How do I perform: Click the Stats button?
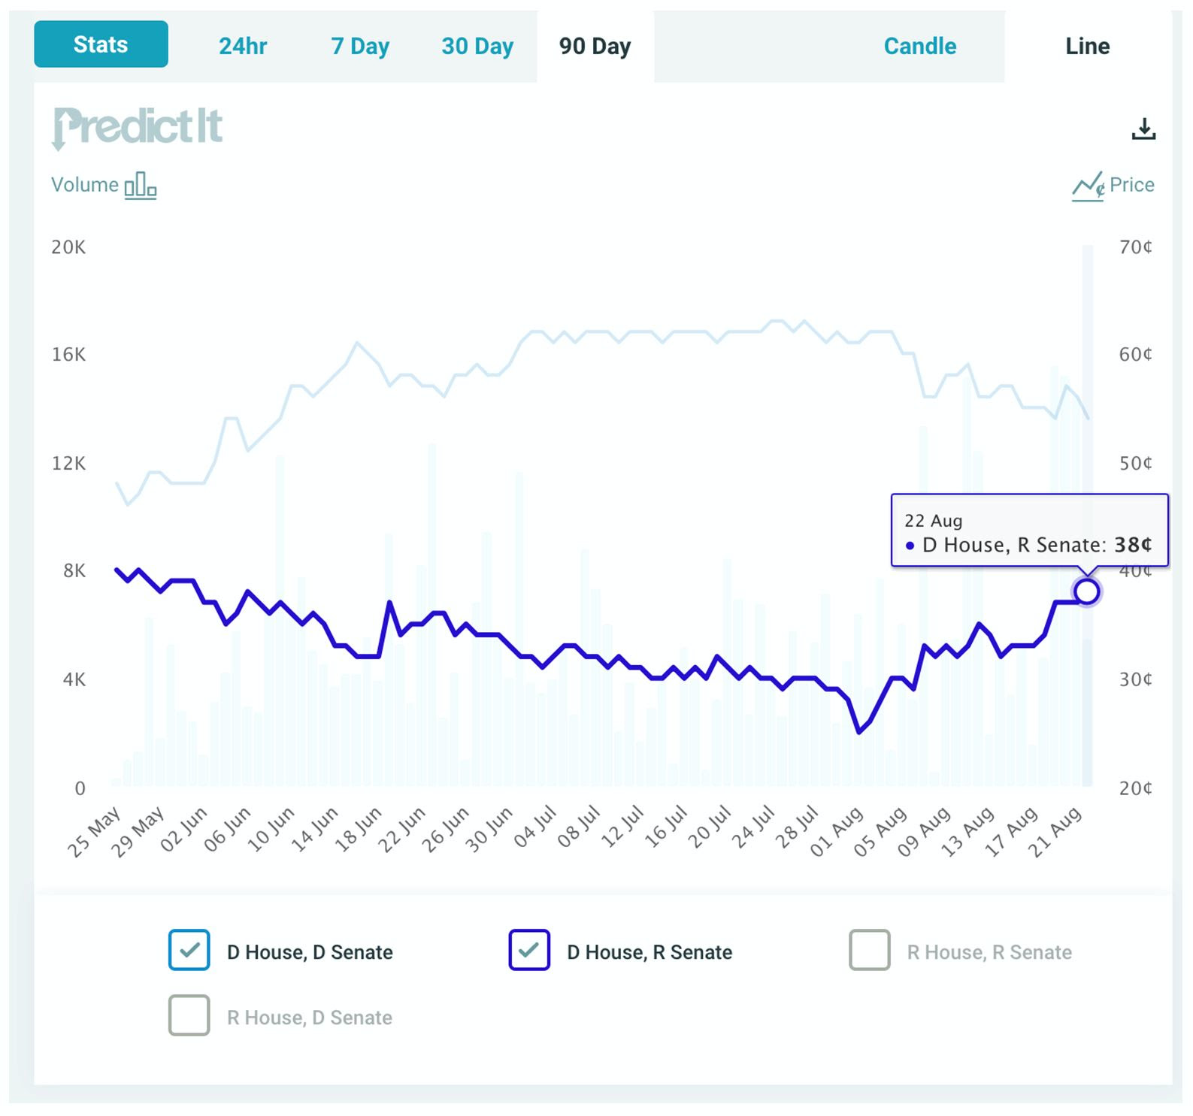[x=101, y=44]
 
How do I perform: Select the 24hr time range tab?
[x=243, y=47]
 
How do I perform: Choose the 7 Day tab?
[x=360, y=47]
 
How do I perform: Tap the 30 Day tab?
[x=477, y=47]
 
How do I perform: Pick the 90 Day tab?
[x=595, y=47]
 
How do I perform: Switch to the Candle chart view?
[x=919, y=47]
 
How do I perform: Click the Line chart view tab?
[x=1087, y=47]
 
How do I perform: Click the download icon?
[x=1143, y=129]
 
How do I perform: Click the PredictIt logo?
[x=138, y=127]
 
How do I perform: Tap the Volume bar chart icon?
[x=141, y=185]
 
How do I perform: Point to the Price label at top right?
[x=1131, y=185]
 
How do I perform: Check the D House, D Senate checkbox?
[x=189, y=950]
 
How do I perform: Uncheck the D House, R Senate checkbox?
[x=529, y=950]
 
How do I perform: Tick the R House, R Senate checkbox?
[x=870, y=950]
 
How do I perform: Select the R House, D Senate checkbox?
[x=189, y=1015]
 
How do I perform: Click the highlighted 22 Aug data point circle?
[x=1086, y=591]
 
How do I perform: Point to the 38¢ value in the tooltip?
[x=1133, y=545]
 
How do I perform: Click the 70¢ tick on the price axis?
[x=1135, y=247]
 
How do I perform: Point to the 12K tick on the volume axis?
[x=68, y=463]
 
